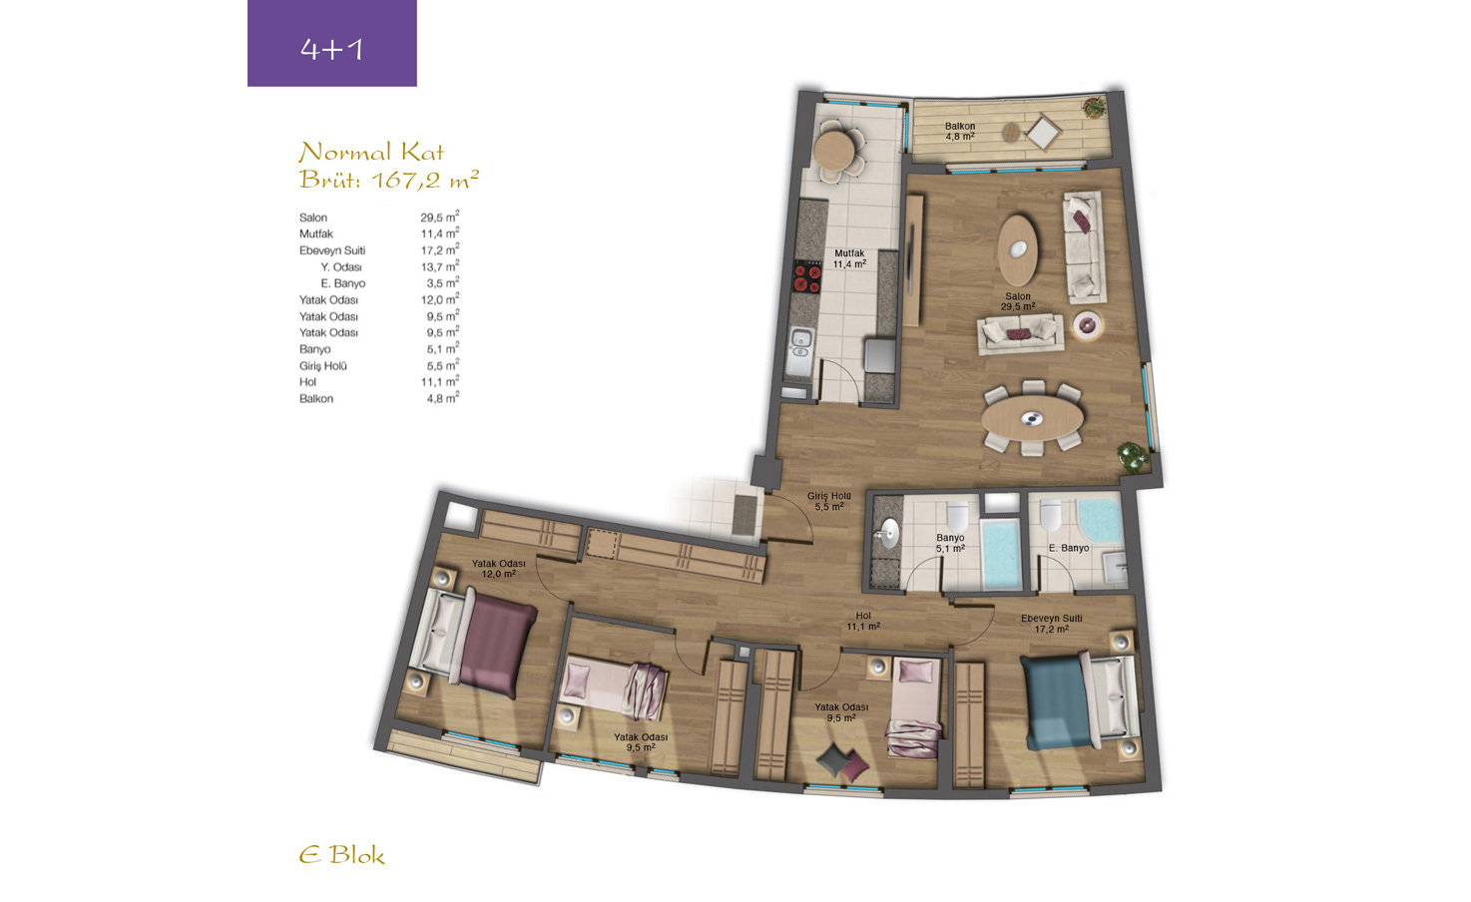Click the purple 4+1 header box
click(x=331, y=43)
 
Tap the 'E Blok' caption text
click(x=341, y=855)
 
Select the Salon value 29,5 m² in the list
click(x=439, y=217)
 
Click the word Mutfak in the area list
click(x=316, y=233)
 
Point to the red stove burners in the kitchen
click(x=807, y=276)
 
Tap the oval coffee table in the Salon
click(x=1018, y=249)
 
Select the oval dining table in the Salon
click(x=1032, y=418)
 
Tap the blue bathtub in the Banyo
click(x=1000, y=553)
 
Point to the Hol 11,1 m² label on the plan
click(x=863, y=621)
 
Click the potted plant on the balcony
click(x=1094, y=107)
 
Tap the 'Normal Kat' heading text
click(x=371, y=153)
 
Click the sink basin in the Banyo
click(x=888, y=533)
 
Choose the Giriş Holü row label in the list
click(x=323, y=365)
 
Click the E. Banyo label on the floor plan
click(x=1069, y=548)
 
